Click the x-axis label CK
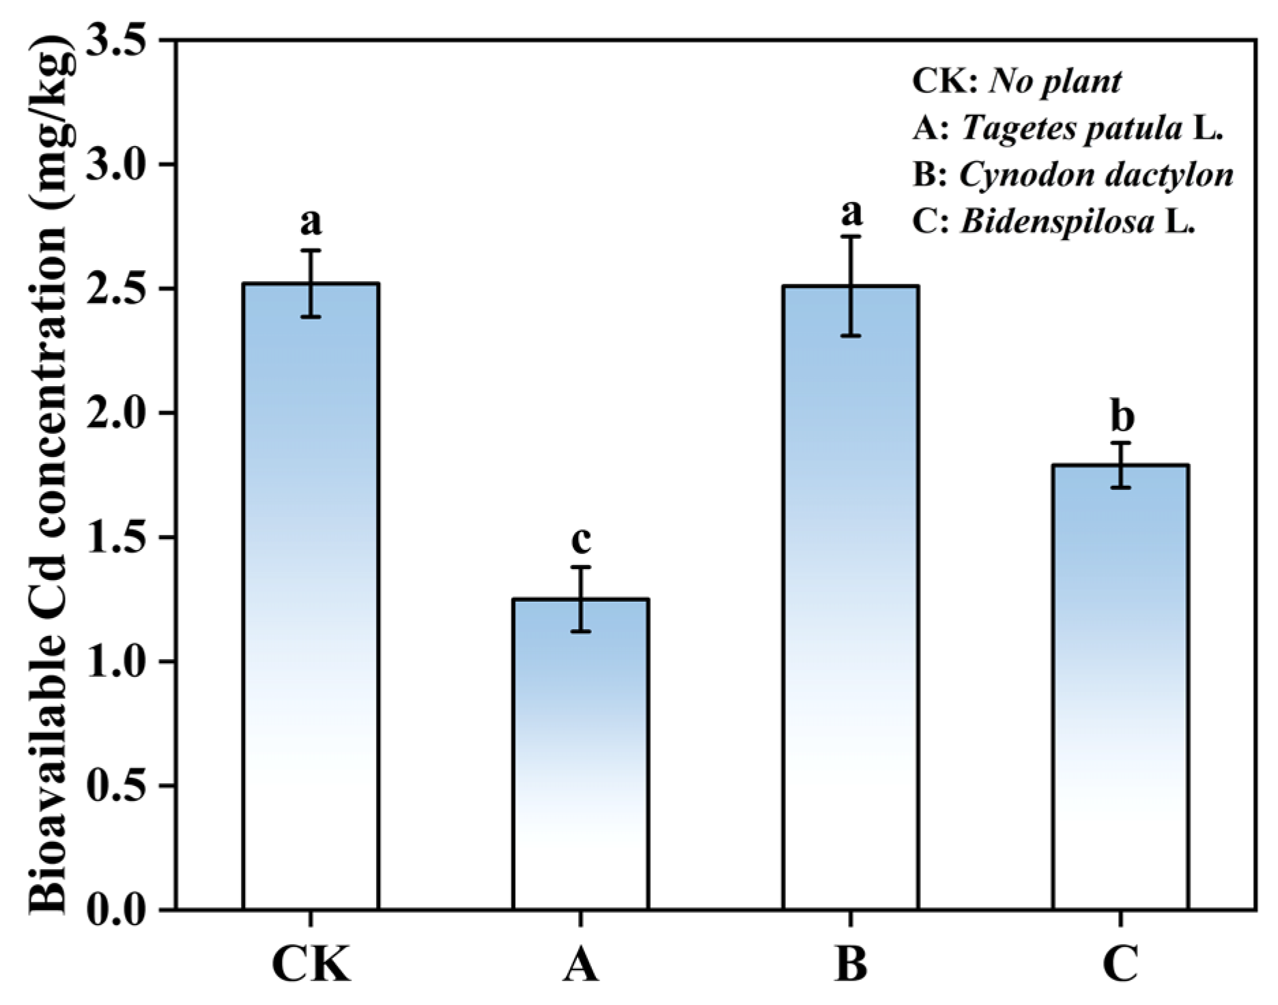311,964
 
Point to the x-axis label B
851,964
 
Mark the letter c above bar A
580,540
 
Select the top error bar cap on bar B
850,237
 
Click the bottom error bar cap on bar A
580,631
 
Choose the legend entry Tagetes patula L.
1067,128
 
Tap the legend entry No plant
1017,82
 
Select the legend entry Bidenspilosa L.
1055,222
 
